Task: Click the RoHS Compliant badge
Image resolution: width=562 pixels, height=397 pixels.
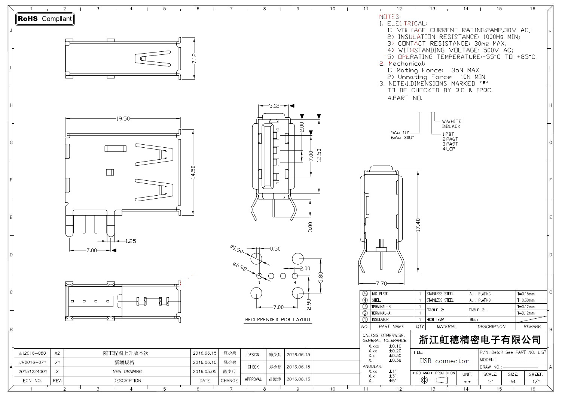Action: coord(45,19)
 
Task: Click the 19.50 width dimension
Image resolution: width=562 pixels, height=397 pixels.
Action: coord(123,118)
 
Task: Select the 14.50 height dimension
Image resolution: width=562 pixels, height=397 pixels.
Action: coord(193,172)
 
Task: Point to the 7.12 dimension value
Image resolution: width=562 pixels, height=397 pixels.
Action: coord(194,58)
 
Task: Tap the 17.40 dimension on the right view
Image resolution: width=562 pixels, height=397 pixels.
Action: coord(418,225)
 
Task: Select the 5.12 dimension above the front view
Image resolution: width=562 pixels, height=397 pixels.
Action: coord(274,106)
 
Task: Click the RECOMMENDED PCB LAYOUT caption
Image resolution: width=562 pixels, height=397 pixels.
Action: coord(278,320)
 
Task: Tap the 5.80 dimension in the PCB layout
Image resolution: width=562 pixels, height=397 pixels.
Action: coord(320,277)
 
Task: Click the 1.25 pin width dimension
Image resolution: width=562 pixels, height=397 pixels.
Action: coord(130,241)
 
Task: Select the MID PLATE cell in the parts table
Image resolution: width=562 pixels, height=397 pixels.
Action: coord(380,294)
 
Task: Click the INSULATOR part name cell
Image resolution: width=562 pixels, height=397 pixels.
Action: coord(380,320)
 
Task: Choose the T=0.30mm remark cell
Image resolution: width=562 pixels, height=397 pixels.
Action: coord(526,300)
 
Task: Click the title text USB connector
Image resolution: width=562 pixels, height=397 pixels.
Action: coord(444,361)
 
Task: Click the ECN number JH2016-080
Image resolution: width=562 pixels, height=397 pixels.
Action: coord(33,353)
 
